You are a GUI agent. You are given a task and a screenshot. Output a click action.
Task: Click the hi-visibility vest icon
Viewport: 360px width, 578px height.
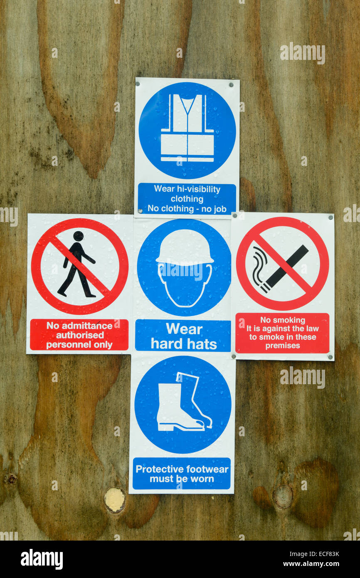tap(187, 128)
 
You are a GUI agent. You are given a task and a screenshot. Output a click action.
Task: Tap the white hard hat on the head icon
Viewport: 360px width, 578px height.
tap(185, 248)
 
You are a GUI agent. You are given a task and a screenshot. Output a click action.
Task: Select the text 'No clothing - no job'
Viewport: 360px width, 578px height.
tap(187, 209)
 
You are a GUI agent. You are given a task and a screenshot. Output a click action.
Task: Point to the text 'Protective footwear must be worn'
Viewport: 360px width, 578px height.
tap(182, 474)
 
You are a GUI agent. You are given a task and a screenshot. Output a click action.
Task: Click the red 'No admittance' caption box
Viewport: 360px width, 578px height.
tap(79, 335)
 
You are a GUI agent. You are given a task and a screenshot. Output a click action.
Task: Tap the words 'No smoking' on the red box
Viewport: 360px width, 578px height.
tap(283, 320)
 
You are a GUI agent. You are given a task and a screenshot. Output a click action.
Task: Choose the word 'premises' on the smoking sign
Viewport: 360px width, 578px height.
tap(283, 346)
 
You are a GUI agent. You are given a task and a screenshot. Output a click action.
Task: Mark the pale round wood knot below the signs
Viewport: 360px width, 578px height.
tap(114, 499)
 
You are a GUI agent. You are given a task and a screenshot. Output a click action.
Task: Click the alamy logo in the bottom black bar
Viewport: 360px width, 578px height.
tap(42, 559)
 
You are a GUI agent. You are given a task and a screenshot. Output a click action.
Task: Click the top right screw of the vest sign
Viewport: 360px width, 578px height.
tap(231, 84)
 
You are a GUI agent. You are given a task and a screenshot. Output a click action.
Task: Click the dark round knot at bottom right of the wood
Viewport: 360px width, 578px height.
tap(283, 497)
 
